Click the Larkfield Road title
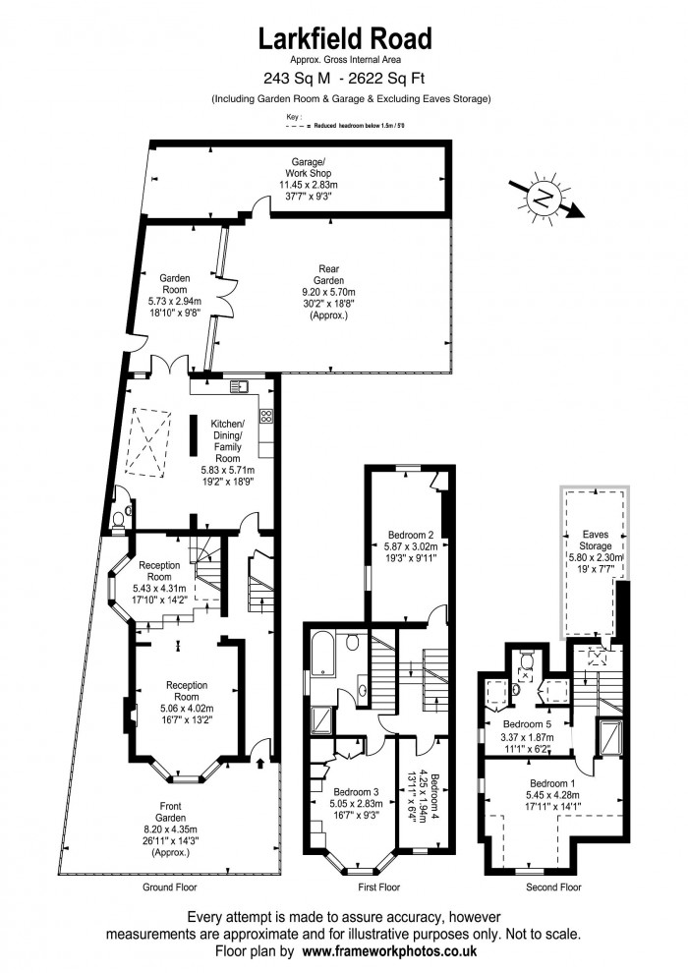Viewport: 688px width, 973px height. [345, 38]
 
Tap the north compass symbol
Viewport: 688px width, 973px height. [545, 199]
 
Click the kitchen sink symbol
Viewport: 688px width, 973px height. [239, 386]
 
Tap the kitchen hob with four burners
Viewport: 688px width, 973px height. [266, 416]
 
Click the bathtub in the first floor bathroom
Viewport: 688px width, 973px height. [323, 654]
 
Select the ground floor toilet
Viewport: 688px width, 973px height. [119, 519]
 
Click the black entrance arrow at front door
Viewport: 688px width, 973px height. [260, 762]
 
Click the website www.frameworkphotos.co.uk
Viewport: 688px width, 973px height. [389, 950]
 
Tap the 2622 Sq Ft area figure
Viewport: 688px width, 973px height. [387, 79]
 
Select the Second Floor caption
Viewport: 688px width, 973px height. [553, 887]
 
